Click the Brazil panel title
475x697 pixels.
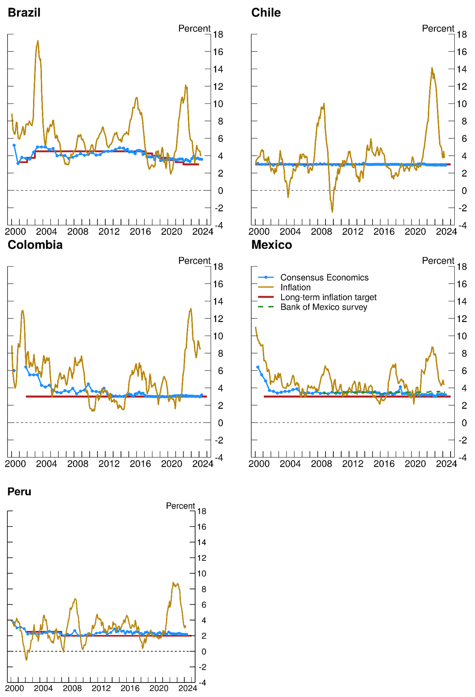click(24, 12)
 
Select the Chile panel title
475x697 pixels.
click(266, 12)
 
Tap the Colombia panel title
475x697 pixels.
click(35, 245)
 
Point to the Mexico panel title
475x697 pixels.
click(272, 245)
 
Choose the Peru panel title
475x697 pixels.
click(19, 491)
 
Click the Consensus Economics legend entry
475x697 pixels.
click(324, 277)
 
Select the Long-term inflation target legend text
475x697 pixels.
click(328, 297)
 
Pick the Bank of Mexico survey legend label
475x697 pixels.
click(324, 307)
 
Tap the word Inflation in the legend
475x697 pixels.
click(295, 287)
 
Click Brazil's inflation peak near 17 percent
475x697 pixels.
click(38, 41)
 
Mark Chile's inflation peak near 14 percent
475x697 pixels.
click(432, 68)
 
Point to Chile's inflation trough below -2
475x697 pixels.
click(332, 212)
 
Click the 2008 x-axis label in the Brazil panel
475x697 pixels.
click(78, 232)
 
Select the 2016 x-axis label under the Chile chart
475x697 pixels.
click(384, 232)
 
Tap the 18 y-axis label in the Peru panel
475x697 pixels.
click(202, 511)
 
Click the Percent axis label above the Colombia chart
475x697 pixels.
click(194, 261)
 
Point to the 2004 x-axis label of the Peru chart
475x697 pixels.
click(43, 688)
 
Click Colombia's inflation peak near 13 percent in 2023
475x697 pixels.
click(190, 309)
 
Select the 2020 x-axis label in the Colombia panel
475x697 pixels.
click(171, 464)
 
